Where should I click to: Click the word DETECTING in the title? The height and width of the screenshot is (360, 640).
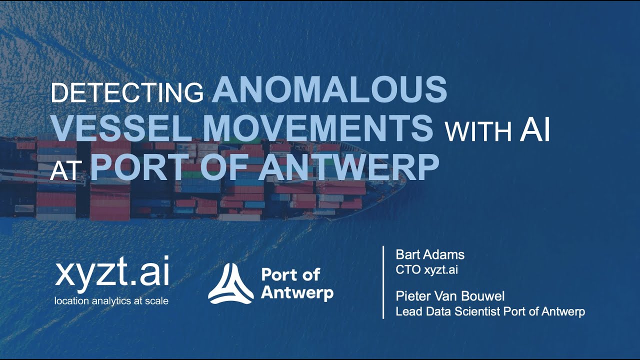(127, 93)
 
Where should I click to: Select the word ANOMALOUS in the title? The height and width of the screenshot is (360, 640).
(330, 89)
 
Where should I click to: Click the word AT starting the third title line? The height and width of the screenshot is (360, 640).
(65, 171)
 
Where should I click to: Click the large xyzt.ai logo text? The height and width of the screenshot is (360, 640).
(112, 275)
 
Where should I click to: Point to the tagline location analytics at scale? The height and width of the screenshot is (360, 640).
(111, 300)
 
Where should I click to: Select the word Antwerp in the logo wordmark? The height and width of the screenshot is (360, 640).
(297, 292)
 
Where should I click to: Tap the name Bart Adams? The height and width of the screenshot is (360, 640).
(430, 254)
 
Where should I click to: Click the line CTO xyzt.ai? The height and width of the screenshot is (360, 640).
(426, 270)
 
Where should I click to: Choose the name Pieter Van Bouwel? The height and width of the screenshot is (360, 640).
(450, 296)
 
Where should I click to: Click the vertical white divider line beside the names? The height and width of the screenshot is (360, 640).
(383, 282)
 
